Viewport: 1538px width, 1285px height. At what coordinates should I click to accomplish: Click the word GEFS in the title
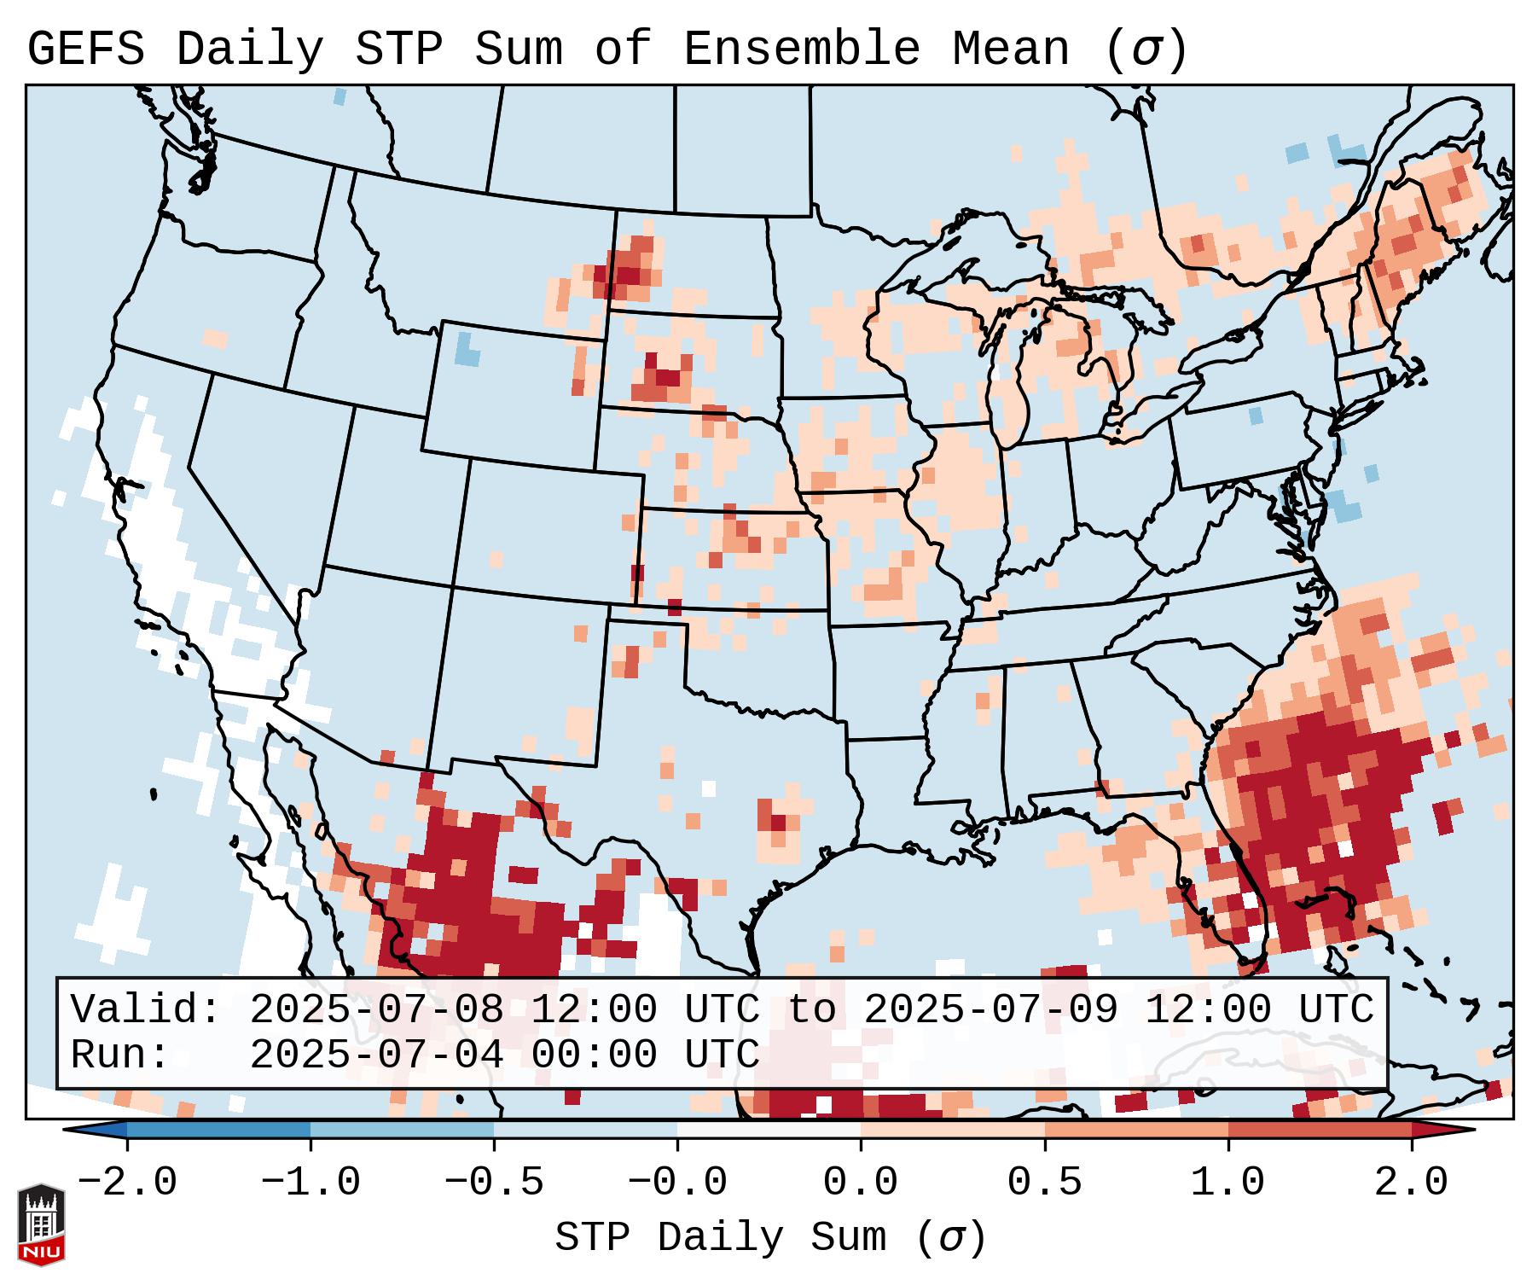(85, 49)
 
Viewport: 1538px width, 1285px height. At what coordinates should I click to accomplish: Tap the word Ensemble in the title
(801, 49)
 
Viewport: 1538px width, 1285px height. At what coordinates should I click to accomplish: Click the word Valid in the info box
(145, 1010)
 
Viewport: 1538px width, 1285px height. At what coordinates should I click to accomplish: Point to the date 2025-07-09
(990, 1010)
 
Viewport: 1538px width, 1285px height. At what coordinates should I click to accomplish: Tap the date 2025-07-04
(376, 1055)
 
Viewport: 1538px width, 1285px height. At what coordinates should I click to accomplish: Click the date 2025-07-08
(376, 1010)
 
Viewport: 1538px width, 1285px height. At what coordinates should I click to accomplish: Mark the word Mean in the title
(1010, 49)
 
